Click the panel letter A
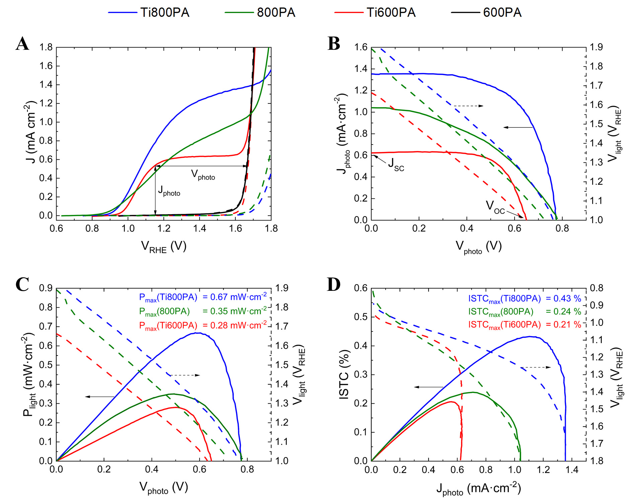pyautogui.click(x=22, y=44)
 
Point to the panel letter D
pyautogui.click(x=333, y=284)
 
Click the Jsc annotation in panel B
pyautogui.click(x=396, y=164)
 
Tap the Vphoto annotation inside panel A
pyautogui.click(x=203, y=175)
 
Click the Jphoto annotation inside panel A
pyautogui.click(x=169, y=191)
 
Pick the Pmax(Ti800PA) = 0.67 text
pyautogui.click(x=203, y=297)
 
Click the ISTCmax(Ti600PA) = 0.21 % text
pyautogui.click(x=525, y=325)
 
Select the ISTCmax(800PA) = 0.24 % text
pyautogui.click(x=525, y=312)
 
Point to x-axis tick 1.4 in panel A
pyautogui.click(x=200, y=229)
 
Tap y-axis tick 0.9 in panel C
pyautogui.click(x=46, y=288)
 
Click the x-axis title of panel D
pyautogui.click(x=479, y=489)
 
